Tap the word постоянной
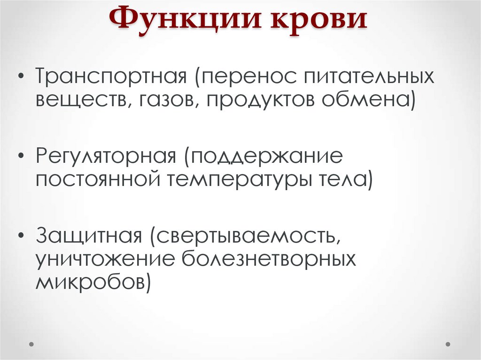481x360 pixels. click(x=96, y=180)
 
